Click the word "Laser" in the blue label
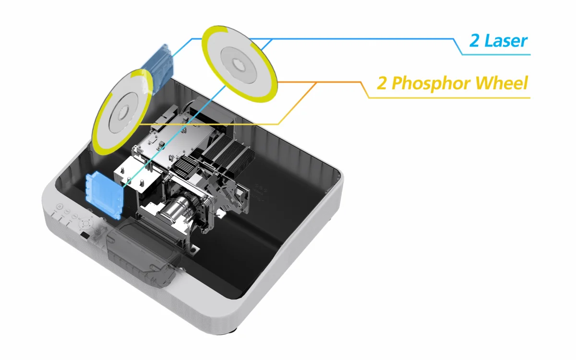point(506,41)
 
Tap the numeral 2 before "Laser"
point(474,41)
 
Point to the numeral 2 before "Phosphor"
point(382,84)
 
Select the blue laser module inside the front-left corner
point(104,195)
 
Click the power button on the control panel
point(60,206)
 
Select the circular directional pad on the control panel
point(85,223)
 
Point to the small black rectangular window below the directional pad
point(85,235)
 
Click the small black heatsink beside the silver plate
point(185,165)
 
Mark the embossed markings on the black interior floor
point(261,192)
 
